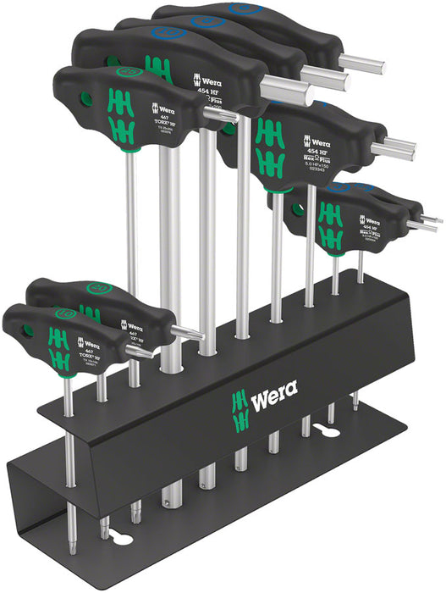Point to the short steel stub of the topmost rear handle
click(x=363, y=63)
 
